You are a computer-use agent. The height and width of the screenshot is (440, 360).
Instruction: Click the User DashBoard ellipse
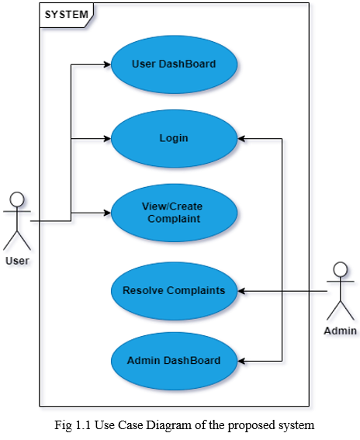pos(174,64)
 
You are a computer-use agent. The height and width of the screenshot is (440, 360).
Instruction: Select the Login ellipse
pos(174,139)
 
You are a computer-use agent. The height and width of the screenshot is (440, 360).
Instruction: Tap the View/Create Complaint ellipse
pos(174,213)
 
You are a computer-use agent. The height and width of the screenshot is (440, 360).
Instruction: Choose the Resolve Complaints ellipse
pos(174,291)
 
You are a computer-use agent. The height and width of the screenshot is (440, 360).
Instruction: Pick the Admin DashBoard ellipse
pos(174,361)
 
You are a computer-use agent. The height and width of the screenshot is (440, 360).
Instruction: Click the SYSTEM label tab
pos(66,16)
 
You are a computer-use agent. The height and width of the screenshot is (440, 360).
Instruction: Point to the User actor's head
pos(17,199)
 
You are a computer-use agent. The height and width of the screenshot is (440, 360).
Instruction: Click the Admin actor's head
pos(341,269)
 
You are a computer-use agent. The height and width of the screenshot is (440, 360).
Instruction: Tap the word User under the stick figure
pos(17,261)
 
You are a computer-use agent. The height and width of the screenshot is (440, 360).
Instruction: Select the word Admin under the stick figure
pos(341,331)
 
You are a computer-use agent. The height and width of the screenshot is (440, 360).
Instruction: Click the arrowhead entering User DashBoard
pos(108,64)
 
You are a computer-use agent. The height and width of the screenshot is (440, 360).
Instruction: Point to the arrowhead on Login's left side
pos(108,139)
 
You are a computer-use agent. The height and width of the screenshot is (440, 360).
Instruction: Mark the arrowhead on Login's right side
pos(241,139)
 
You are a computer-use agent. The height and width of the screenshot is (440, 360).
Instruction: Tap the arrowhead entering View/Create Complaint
pos(108,213)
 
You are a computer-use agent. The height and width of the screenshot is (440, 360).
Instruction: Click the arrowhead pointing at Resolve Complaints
pos(241,291)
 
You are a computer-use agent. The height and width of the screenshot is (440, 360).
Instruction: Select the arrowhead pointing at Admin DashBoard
pos(241,361)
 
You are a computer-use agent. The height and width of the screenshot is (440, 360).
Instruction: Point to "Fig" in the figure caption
pos(61,425)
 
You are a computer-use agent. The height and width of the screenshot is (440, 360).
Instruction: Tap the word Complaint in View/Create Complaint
pos(174,219)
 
